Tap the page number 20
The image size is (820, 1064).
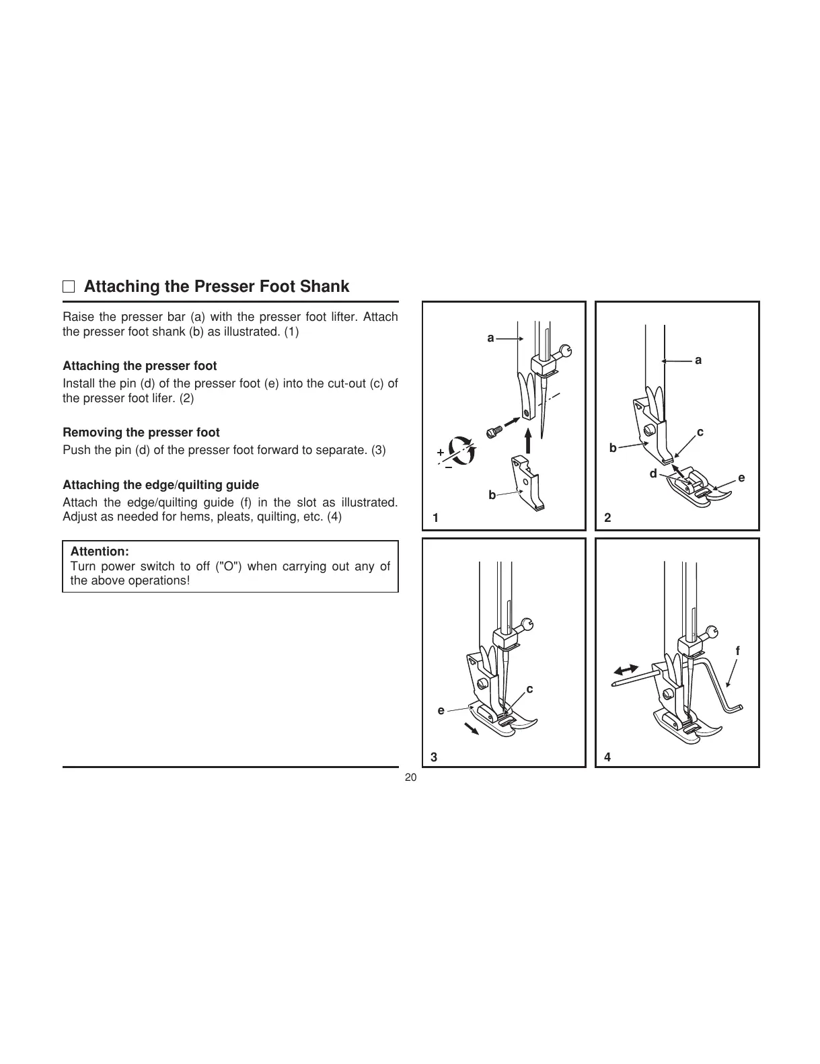coord(410,777)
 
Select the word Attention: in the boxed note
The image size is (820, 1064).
coord(100,552)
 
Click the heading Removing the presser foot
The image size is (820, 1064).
coord(141,432)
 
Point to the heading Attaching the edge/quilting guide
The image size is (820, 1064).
coord(161,485)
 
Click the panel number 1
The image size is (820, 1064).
coord(436,518)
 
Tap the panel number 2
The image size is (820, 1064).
coord(607,518)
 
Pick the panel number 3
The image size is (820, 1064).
coord(434,757)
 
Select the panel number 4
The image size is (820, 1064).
coord(607,757)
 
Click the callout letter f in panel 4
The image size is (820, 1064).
coord(737,651)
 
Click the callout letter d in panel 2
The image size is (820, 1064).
coord(653,474)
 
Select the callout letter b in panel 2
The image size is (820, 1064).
coord(612,448)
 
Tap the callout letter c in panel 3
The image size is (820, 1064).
coord(529,689)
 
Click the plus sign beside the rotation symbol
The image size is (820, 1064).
coord(440,452)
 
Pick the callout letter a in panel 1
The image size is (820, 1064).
coord(491,338)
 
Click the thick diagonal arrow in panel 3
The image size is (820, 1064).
coord(471,728)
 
